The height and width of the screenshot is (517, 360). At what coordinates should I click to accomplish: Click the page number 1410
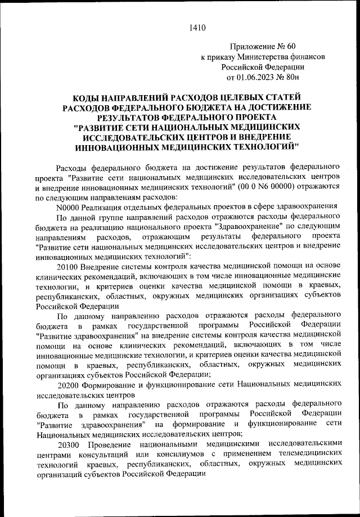click(198, 27)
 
